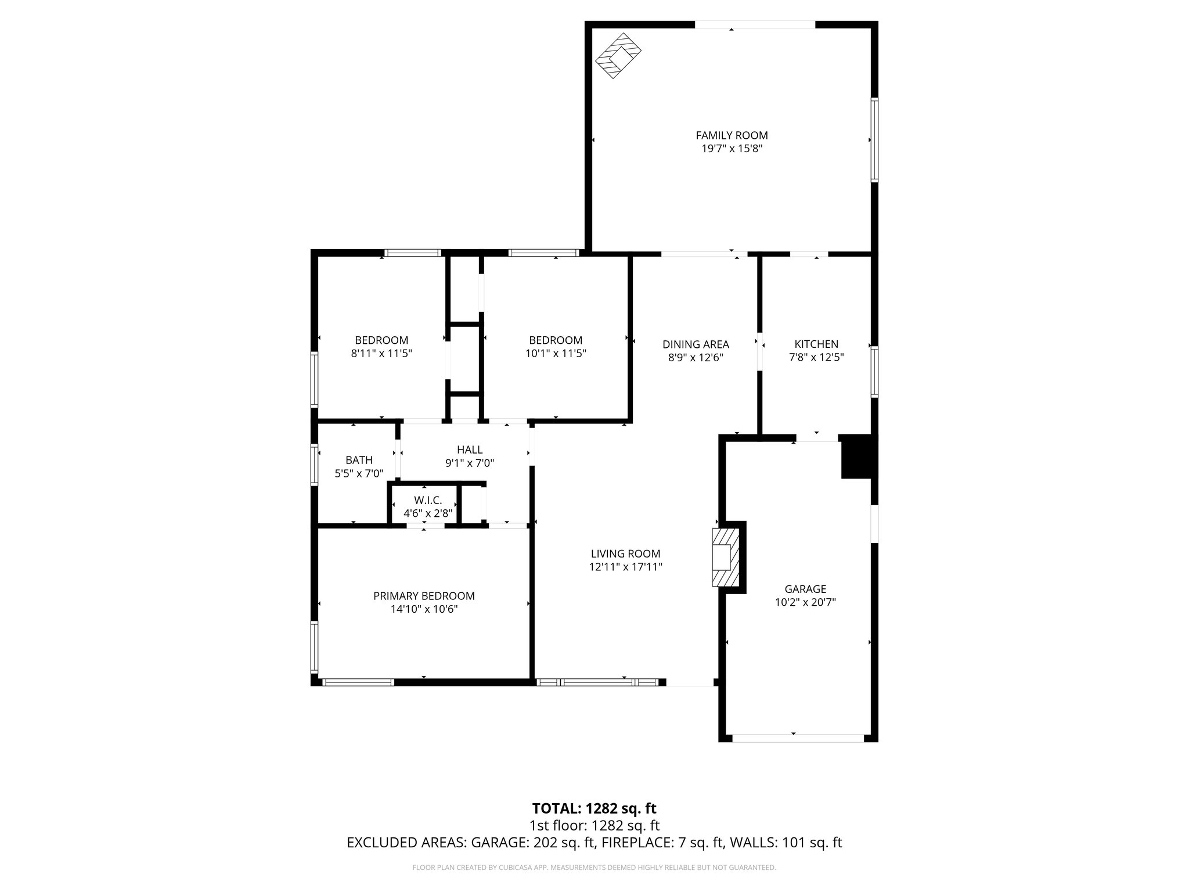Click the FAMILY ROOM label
point(732,135)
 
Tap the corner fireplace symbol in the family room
point(619,56)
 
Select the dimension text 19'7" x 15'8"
point(732,149)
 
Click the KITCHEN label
point(816,344)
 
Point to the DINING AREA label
point(696,344)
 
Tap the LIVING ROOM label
point(625,554)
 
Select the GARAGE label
point(805,589)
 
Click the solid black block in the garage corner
point(857,457)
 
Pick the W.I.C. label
point(428,501)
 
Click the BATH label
point(359,461)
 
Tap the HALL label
point(470,449)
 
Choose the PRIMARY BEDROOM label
point(424,596)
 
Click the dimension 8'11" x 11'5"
point(381,353)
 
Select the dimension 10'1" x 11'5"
point(556,353)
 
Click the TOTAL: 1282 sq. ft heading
point(594,808)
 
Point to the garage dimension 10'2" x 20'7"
point(805,602)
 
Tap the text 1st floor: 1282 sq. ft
point(594,825)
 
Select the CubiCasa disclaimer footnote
point(594,868)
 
